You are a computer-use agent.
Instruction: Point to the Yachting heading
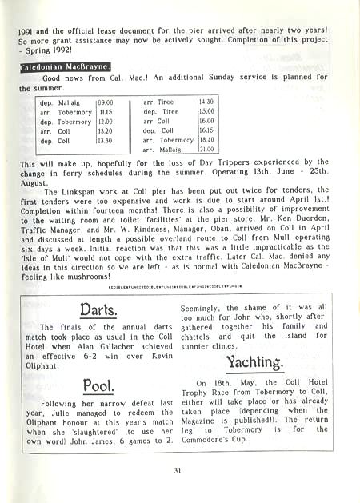(257, 364)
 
